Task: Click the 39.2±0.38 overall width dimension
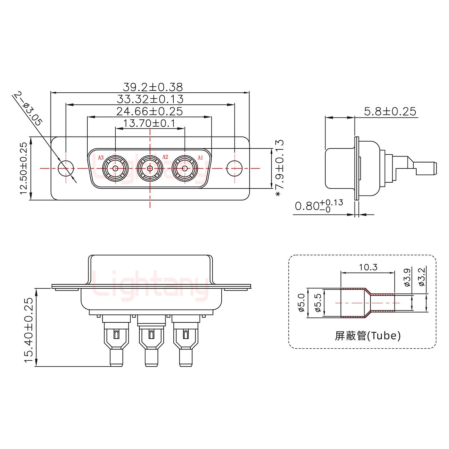click(x=153, y=87)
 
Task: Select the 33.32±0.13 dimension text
click(x=150, y=99)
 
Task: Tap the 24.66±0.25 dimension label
click(x=150, y=111)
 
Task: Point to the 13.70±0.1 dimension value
click(x=149, y=123)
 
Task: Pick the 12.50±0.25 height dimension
click(x=24, y=168)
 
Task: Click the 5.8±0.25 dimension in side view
click(x=390, y=111)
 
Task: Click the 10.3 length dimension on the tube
click(x=368, y=267)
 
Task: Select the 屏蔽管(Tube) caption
click(x=368, y=336)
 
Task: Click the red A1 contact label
click(x=200, y=158)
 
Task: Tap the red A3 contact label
click(x=101, y=158)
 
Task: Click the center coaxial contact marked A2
click(x=150, y=169)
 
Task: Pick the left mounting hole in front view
click(x=66, y=168)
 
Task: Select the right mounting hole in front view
click(x=234, y=168)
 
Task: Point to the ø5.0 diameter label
click(x=301, y=302)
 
